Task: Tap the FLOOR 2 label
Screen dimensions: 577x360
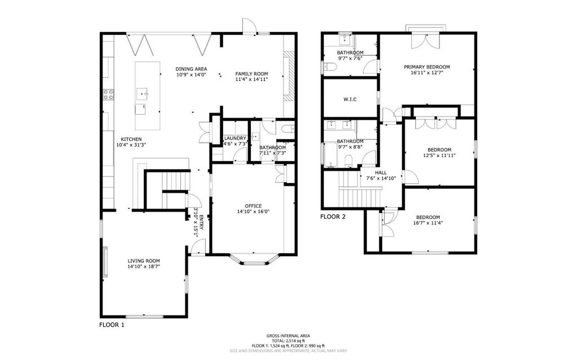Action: pyautogui.click(x=332, y=216)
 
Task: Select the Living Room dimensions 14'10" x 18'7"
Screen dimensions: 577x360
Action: pyautogui.click(x=144, y=266)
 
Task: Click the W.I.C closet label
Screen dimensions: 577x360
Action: pyautogui.click(x=350, y=99)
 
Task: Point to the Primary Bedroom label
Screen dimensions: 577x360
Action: pyautogui.click(x=427, y=67)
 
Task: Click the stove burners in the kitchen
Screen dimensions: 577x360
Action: pyautogui.click(x=108, y=95)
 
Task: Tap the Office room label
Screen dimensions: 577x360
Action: pyautogui.click(x=254, y=206)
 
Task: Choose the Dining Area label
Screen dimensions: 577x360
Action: pyautogui.click(x=191, y=69)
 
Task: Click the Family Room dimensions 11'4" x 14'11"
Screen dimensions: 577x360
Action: pyautogui.click(x=252, y=79)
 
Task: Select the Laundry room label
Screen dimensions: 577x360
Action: pyautogui.click(x=235, y=139)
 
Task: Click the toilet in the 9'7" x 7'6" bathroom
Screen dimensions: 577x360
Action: pyautogui.click(x=330, y=66)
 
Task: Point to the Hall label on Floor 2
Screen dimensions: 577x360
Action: pyautogui.click(x=381, y=172)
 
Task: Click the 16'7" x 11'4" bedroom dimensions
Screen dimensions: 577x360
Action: pyautogui.click(x=428, y=223)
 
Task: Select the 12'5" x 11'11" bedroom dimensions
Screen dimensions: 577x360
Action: pyautogui.click(x=440, y=155)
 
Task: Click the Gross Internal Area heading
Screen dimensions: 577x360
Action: pyautogui.click(x=288, y=336)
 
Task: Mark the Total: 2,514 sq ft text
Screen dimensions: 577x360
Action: pyautogui.click(x=288, y=341)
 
